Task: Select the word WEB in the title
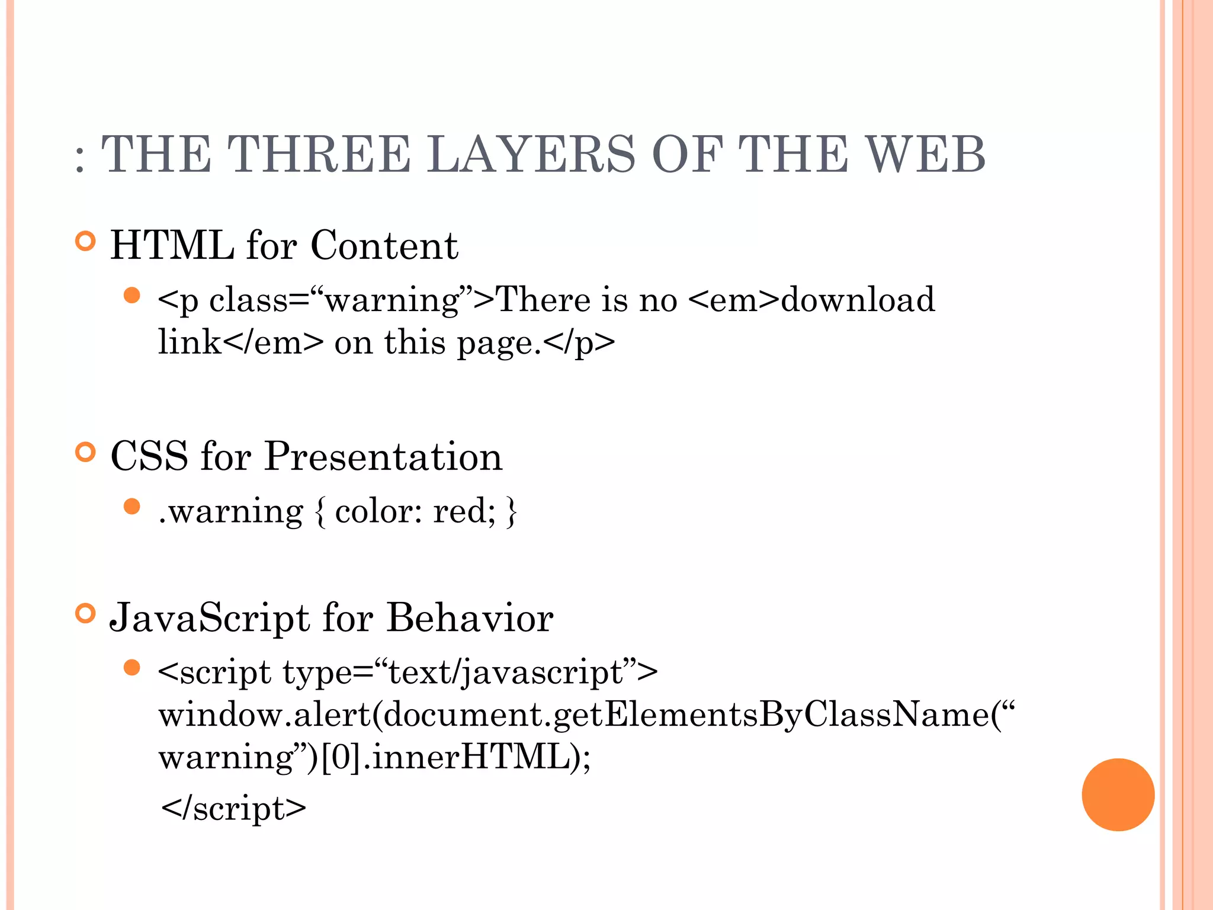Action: (926, 154)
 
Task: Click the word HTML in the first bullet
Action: (172, 245)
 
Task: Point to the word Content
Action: (384, 245)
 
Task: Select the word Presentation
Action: (383, 456)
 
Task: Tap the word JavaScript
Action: (210, 618)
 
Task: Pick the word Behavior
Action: (470, 618)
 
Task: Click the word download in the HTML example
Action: (858, 299)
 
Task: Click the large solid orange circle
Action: (1118, 794)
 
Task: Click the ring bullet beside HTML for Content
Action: (86, 241)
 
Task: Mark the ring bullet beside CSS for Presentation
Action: (86, 453)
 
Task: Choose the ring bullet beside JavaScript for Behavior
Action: (86, 614)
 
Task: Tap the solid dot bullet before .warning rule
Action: (132, 507)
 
